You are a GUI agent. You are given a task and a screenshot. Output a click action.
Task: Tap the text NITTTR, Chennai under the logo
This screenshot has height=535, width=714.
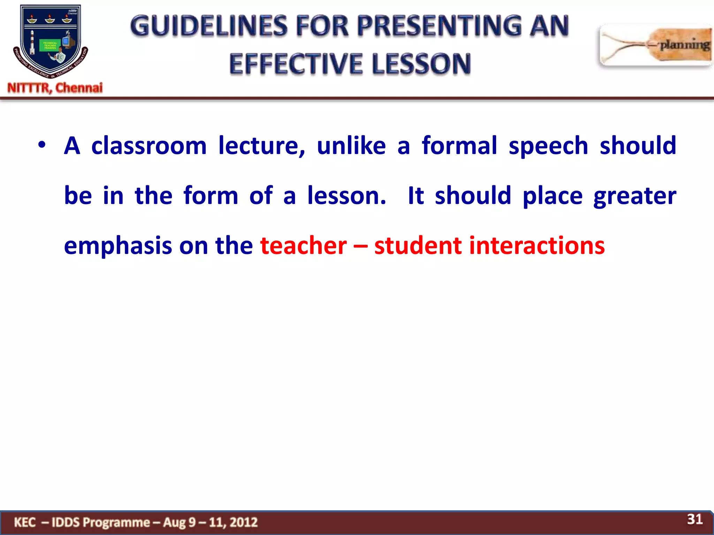(55, 88)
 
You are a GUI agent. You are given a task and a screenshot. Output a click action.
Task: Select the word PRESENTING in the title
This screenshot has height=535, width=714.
(439, 26)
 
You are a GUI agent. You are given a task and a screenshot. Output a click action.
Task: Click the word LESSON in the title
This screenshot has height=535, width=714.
(421, 64)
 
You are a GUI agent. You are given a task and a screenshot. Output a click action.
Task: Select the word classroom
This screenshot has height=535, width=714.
(149, 146)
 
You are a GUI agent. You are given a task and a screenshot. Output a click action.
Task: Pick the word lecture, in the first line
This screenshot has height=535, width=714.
(261, 146)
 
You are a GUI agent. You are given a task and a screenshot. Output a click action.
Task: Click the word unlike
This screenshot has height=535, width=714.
(351, 146)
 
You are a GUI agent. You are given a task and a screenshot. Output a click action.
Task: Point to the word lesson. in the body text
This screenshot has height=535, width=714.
(347, 196)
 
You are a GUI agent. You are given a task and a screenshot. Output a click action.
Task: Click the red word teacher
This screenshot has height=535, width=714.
(303, 246)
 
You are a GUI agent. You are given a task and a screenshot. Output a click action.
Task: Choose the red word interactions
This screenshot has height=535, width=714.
(537, 246)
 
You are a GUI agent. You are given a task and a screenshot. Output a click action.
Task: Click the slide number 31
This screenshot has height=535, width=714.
(694, 519)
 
